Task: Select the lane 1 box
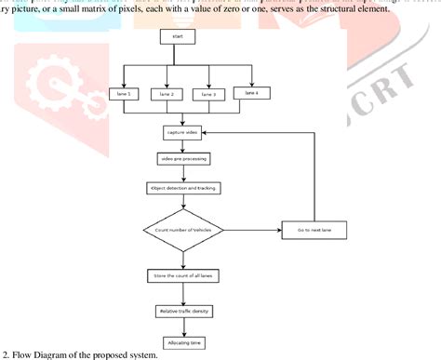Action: [136, 95]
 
